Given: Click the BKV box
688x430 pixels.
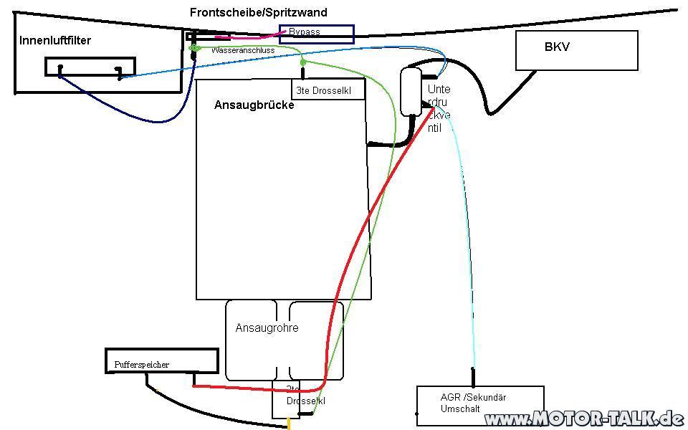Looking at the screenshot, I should [x=576, y=50].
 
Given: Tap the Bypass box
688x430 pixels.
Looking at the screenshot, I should [x=316, y=34].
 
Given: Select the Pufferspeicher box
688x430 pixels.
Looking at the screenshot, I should [x=162, y=360].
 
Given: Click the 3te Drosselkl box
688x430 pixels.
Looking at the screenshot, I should [x=329, y=90].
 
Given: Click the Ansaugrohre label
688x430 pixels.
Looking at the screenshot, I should [x=267, y=328].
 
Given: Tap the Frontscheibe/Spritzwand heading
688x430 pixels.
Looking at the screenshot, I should [x=259, y=13].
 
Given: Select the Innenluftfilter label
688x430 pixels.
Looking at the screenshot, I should [x=55, y=41].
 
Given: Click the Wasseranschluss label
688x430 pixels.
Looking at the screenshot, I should [x=242, y=51].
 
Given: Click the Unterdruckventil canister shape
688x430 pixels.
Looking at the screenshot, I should [x=411, y=91].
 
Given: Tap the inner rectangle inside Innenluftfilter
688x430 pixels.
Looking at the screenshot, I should [x=90, y=67].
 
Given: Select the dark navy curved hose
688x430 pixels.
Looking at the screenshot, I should [x=129, y=111].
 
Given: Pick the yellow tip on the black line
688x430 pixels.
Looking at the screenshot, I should [x=289, y=424].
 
